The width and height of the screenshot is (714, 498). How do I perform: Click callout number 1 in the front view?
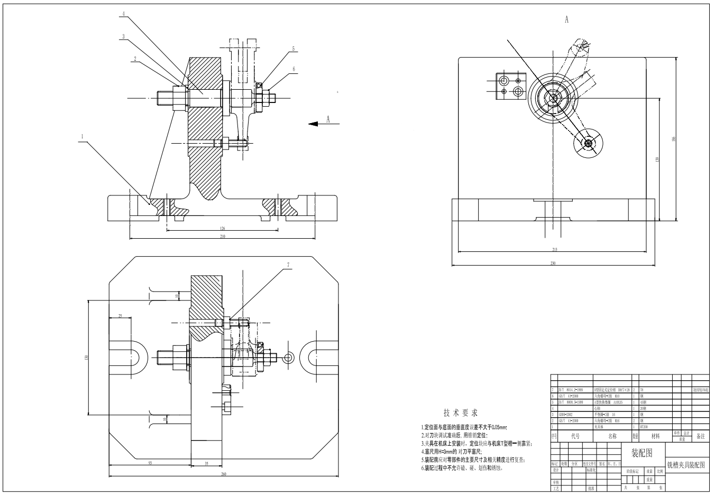click(82, 136)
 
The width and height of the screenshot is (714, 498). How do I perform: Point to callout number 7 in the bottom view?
click(288, 265)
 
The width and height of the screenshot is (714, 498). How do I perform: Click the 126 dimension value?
click(223, 229)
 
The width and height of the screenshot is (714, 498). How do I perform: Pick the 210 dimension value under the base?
click(223, 237)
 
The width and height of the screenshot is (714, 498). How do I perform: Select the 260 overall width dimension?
click(223, 474)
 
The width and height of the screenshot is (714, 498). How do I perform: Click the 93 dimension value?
click(150, 463)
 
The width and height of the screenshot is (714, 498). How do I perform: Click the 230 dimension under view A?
click(553, 262)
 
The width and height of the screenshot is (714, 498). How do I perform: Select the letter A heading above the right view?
click(566, 20)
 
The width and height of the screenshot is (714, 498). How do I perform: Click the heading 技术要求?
click(461, 412)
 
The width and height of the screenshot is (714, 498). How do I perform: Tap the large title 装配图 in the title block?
click(642, 453)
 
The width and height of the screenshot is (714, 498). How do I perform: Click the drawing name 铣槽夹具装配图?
click(686, 465)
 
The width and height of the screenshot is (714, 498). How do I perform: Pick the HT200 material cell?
click(644, 426)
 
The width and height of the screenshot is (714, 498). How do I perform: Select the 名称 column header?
click(612, 436)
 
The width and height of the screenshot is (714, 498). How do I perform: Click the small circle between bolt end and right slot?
click(288, 358)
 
